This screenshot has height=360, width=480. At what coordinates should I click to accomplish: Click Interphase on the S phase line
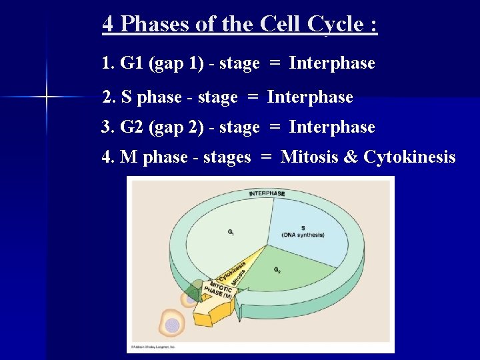coord(310,97)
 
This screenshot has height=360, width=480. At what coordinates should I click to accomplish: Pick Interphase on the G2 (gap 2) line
coord(332,127)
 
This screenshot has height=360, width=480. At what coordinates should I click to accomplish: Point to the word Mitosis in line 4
coord(311,157)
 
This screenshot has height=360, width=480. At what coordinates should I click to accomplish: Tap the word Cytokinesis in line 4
coord(410,157)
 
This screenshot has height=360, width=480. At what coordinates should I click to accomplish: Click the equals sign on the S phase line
coord(252,97)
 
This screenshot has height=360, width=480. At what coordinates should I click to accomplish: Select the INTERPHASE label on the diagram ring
coord(267,194)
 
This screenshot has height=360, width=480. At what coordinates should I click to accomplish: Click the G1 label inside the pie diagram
coord(231,233)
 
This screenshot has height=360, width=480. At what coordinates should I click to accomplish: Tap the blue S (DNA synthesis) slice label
coord(303,231)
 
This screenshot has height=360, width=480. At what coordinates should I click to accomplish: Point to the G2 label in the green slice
coord(277,270)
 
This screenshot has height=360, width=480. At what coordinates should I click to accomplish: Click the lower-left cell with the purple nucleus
coord(172,325)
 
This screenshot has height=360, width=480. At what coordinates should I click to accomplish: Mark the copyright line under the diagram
coord(154,347)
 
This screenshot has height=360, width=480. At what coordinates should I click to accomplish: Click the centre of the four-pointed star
coord(47,97)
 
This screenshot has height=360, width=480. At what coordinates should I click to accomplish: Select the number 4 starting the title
coord(108,24)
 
